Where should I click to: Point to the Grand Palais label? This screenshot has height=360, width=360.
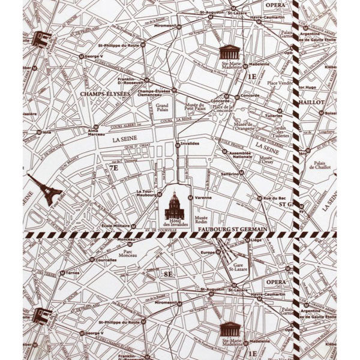161,109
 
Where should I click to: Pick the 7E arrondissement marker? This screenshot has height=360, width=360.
113,168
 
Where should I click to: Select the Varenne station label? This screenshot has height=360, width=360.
203,197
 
